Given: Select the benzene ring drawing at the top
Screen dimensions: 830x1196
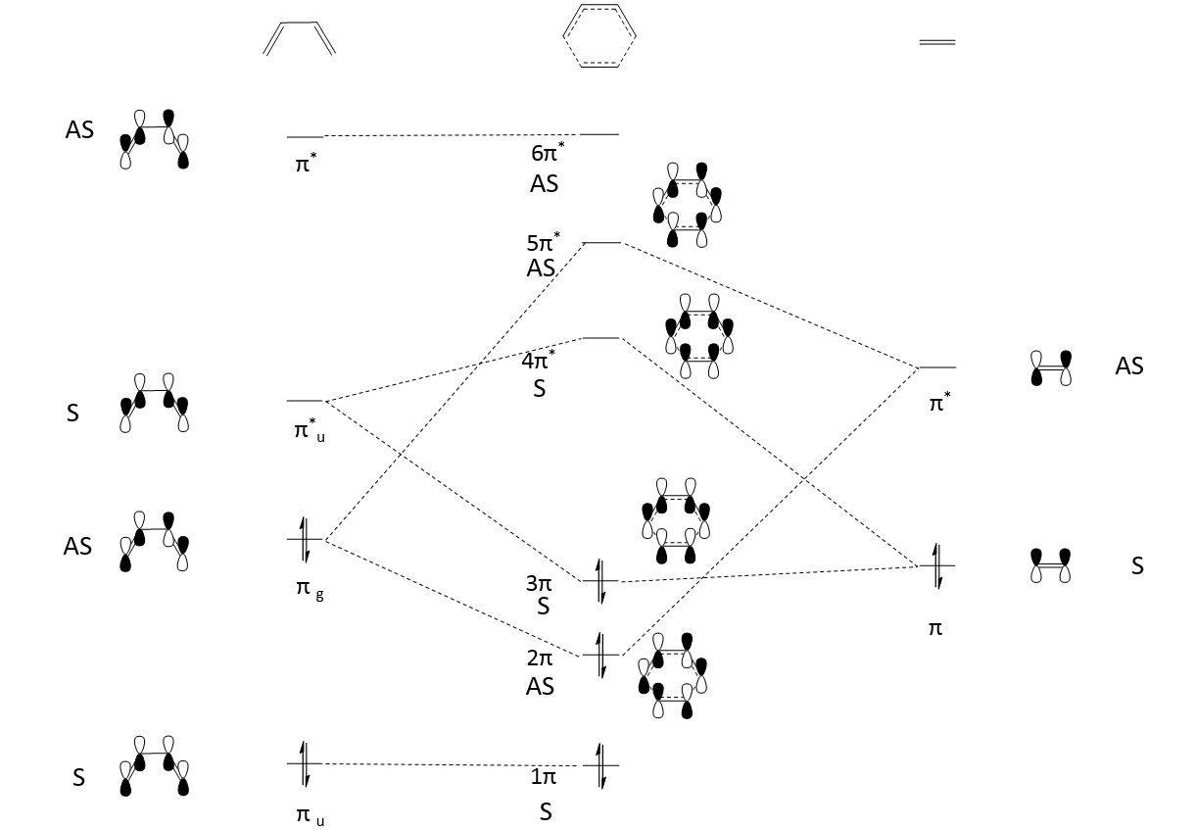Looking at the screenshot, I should point(599,36).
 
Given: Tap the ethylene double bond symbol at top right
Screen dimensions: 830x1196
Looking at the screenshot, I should point(937,42).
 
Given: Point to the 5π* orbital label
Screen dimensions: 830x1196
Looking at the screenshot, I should point(544,243).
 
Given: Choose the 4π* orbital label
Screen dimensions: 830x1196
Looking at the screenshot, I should point(539,361).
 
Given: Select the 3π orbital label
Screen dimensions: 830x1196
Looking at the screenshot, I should point(540,583).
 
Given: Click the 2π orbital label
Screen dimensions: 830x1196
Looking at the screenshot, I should point(540,659).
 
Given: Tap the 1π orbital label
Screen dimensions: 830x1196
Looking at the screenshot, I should point(544,777).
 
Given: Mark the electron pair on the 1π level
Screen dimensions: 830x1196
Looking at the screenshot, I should point(600,764).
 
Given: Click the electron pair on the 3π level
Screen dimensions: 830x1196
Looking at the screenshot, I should point(600,580).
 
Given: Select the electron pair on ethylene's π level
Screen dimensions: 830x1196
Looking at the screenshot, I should point(937,565).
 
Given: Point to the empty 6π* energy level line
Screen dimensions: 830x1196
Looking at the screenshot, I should point(599,133).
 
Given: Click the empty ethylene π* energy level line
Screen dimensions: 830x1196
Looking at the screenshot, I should point(937,367).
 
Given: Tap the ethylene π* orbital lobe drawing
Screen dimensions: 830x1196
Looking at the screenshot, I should point(1052,367).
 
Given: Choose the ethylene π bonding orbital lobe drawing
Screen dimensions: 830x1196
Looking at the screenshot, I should point(1051,565).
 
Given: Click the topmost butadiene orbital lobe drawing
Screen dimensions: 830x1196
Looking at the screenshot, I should point(155,141).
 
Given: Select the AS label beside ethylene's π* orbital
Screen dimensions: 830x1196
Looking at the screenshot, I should point(1129,366).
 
